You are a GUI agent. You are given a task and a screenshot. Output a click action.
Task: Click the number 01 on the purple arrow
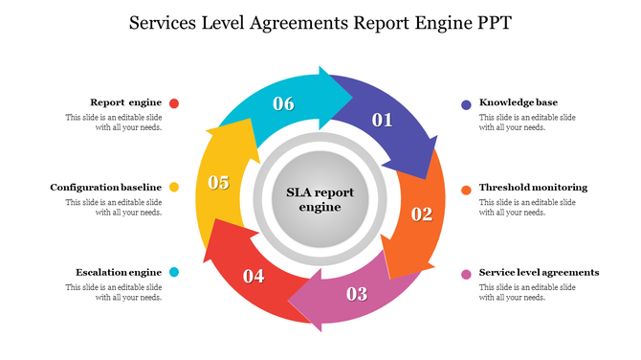point(383,120)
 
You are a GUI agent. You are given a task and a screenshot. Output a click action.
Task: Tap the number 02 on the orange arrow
point(422,214)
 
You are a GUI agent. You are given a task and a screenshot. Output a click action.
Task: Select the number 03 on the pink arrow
point(356,293)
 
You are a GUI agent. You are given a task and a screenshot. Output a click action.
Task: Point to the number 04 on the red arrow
point(254,277)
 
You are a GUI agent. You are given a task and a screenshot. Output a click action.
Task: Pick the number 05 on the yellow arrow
point(218,182)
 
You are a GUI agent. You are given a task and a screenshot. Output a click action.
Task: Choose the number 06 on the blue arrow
point(283,103)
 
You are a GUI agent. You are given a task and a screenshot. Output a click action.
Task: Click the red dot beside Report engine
point(174,103)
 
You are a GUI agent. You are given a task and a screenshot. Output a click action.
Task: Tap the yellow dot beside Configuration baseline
point(174,188)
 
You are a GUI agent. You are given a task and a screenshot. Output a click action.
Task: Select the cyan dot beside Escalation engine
point(174,273)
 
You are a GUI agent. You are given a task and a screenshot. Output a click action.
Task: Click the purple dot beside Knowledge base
point(466,103)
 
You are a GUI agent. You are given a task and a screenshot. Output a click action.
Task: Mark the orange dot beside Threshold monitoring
point(466,189)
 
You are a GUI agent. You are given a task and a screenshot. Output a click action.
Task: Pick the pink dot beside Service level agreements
point(466,274)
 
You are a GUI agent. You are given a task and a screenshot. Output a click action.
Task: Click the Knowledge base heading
point(519,102)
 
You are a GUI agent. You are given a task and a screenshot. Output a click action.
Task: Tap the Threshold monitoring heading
point(533,188)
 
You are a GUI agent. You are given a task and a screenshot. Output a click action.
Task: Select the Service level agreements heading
point(539,273)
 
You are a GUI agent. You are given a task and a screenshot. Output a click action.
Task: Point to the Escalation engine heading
point(119,273)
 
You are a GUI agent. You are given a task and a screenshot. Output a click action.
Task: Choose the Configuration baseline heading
point(106,188)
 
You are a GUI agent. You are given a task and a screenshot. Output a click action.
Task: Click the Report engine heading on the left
point(125,102)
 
